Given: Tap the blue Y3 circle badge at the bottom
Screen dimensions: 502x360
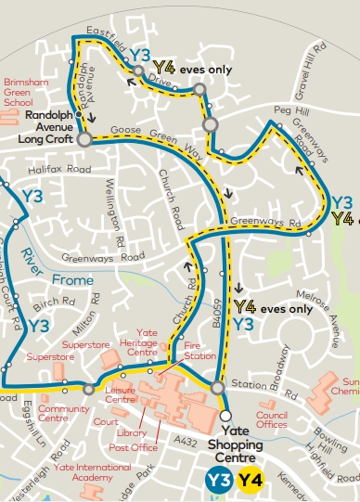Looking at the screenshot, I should tap(218, 480).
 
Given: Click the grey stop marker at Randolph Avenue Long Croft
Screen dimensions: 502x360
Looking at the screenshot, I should tap(84, 139).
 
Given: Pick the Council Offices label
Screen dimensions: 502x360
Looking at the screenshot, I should tap(272, 419).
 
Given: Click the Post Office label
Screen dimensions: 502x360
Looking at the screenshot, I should tap(133, 447).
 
